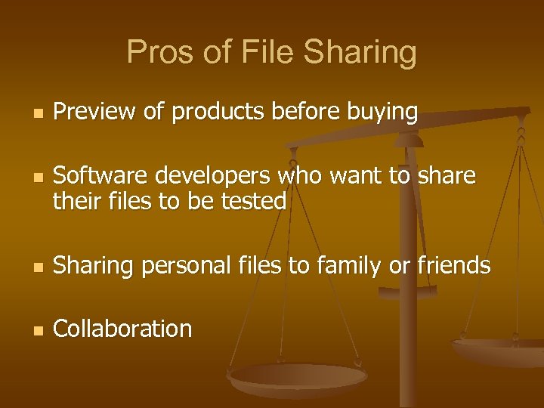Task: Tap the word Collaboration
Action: (123, 329)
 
